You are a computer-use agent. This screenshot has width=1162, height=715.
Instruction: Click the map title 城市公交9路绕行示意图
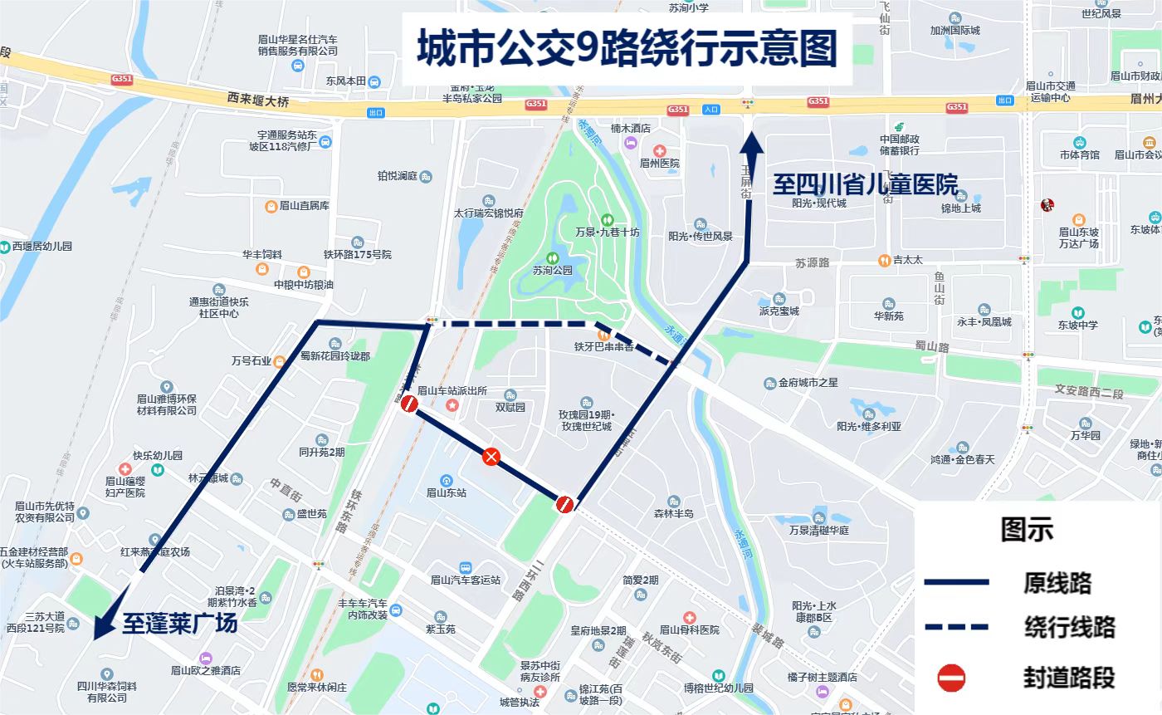tap(627, 48)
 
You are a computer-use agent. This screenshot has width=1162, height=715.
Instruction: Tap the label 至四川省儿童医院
tap(866, 184)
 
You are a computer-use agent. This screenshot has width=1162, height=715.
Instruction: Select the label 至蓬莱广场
tap(180, 623)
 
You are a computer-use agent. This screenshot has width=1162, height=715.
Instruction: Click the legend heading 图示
tap(1027, 529)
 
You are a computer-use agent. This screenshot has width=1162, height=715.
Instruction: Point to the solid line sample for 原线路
tap(956, 583)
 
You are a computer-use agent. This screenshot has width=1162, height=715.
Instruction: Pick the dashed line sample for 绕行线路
tap(956, 626)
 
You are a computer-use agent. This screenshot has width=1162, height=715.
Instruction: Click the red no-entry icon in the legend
tap(951, 678)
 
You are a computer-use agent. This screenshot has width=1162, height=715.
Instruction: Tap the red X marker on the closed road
tap(491, 456)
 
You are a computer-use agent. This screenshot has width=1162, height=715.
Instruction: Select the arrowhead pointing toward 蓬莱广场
tap(101, 627)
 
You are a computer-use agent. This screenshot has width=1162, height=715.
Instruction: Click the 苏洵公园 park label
tap(553, 270)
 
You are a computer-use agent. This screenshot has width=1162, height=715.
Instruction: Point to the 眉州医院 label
tap(660, 163)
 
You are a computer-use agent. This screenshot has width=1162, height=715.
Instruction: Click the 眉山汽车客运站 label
tap(465, 580)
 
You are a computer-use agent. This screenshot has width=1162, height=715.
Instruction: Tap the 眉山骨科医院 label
tap(689, 629)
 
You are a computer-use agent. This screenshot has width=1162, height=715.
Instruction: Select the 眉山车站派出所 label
tap(452, 390)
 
